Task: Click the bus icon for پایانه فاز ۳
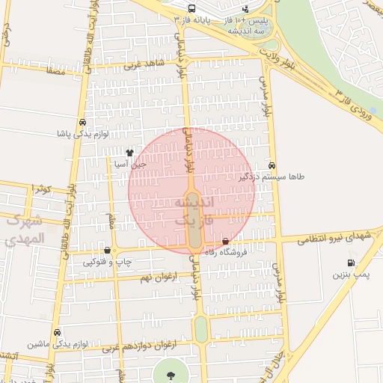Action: coord(192,7)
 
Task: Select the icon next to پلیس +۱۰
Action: coord(245,8)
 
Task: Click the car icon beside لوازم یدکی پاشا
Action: coord(82,123)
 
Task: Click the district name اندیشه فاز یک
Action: coord(194,212)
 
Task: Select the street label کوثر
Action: coord(41,189)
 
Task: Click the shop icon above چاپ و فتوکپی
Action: coord(109,251)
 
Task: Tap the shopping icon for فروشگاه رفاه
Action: coord(226,241)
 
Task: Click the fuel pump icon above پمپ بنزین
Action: coord(351,263)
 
